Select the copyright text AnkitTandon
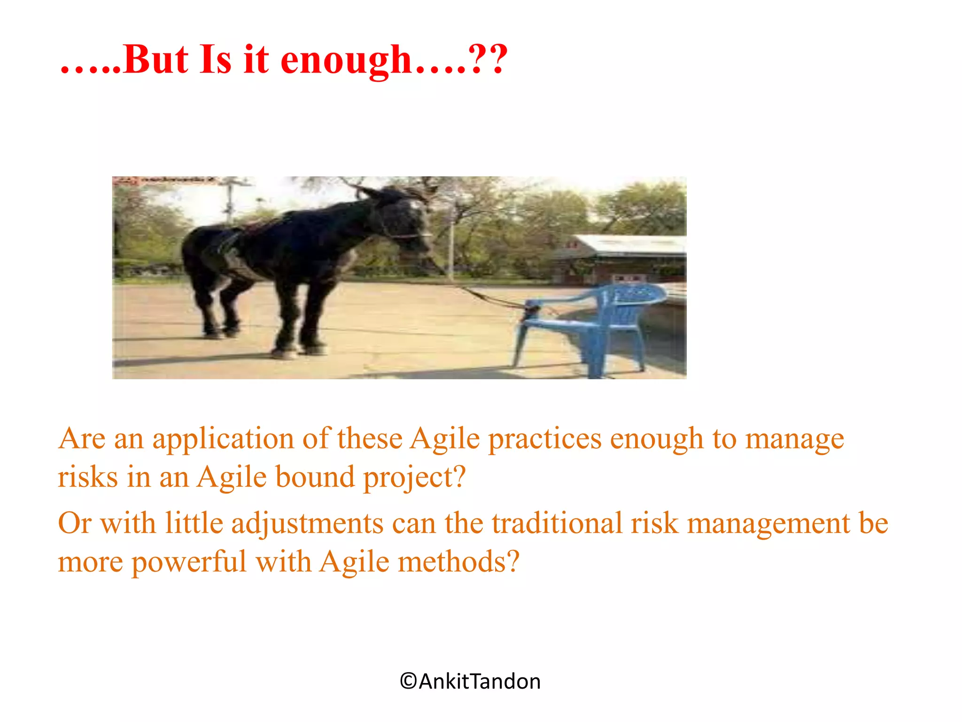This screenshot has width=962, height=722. tap(470, 681)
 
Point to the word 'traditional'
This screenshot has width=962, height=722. tap(557, 523)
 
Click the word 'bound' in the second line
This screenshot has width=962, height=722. tap(315, 477)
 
